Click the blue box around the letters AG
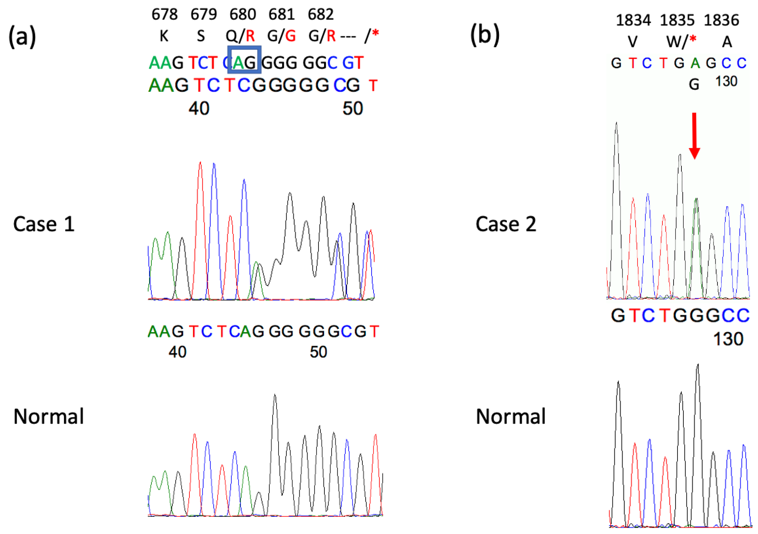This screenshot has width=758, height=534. coord(245,60)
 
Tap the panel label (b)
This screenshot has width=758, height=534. coord(485,35)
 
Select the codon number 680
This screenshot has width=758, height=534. coord(243,14)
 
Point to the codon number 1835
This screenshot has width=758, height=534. coord(677,20)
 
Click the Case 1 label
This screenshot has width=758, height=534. coord(44,224)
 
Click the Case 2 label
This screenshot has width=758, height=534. coord(506,224)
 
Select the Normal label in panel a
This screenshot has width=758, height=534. coord(49,417)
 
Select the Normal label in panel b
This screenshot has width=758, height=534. coord(511,417)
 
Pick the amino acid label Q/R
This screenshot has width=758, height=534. coord(240,36)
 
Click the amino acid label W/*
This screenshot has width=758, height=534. coord(681,42)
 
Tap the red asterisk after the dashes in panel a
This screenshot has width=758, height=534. coord(375,33)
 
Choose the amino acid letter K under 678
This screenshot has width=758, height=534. coord(164,36)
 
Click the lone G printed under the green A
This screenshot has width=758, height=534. coord(694,84)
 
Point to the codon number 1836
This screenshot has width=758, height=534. coord(721,20)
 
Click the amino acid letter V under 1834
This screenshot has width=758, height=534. coord(632,42)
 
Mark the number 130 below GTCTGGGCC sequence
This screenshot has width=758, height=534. coord(728,339)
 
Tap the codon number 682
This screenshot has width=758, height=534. coord(320,14)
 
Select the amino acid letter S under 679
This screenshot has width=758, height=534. coord(201,36)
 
